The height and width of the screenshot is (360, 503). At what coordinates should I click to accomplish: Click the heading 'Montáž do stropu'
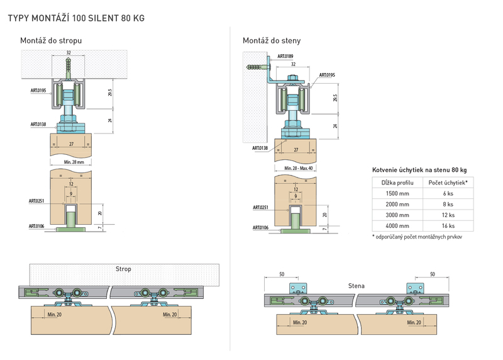[51, 41]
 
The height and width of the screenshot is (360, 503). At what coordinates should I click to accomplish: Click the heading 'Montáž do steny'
[272, 41]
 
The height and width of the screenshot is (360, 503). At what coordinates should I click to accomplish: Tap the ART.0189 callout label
[285, 56]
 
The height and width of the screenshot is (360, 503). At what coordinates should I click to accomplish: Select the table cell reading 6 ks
[448, 194]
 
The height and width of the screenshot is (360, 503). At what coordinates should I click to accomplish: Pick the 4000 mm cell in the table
[397, 226]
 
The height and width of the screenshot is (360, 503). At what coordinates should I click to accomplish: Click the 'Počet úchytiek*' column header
[448, 183]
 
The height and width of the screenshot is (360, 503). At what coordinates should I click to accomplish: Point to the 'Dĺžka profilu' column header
[397, 183]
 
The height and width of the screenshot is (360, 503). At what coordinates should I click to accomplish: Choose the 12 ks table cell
[448, 215]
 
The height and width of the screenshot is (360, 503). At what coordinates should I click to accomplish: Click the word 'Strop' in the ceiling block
[123, 269]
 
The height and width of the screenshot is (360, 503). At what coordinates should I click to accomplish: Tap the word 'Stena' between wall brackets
[357, 286]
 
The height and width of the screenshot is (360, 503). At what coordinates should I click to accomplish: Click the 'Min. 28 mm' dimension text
[74, 162]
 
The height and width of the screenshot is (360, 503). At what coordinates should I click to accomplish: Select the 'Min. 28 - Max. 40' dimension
[298, 168]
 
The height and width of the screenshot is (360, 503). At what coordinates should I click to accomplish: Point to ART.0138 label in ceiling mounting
[38, 124]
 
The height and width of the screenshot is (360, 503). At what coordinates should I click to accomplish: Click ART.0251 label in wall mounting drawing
[260, 208]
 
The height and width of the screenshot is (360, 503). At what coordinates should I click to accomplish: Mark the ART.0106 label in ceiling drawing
[36, 226]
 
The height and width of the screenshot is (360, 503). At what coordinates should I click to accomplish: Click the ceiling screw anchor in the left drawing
[69, 69]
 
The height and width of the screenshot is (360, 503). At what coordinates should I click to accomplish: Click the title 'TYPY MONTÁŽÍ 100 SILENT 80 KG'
[76, 18]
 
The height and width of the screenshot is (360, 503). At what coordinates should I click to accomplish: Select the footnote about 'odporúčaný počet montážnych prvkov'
[417, 237]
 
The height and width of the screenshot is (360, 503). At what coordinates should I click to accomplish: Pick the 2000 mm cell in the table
[397, 205]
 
